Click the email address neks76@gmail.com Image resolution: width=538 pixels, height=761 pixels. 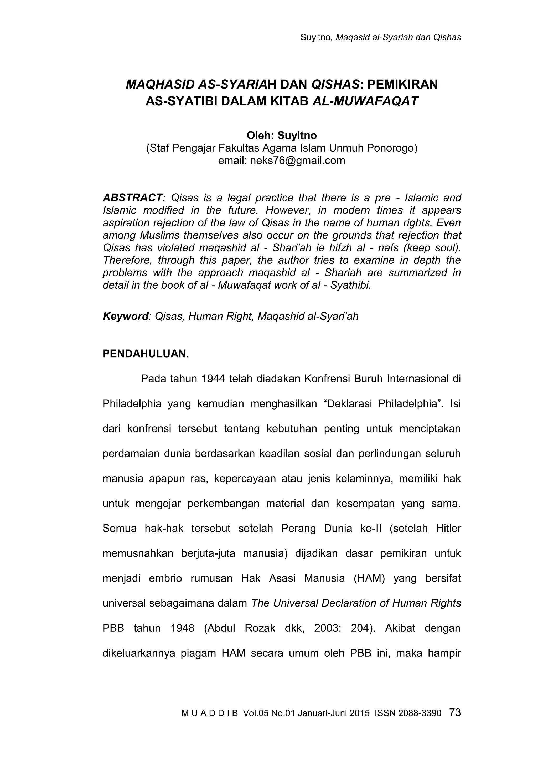pos(297,161)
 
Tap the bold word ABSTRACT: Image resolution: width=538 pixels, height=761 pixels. pos(134,198)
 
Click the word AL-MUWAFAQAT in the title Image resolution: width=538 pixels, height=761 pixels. pos(365,101)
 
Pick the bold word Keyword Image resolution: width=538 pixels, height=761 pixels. pos(125,316)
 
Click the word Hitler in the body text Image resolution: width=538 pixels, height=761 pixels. pos(448,528)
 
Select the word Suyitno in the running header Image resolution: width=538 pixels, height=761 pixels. pos(315,38)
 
